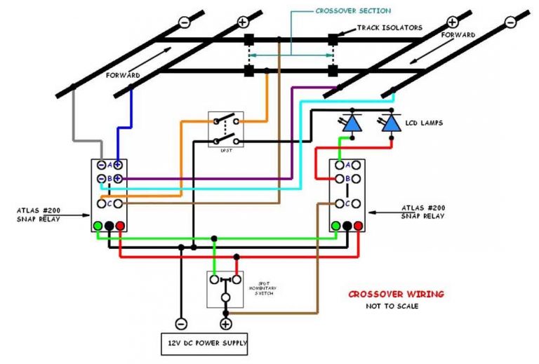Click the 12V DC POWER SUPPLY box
204,344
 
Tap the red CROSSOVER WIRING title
396,294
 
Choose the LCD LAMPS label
425,123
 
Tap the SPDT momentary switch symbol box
225,288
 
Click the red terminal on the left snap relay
121,226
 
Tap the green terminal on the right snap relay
336,226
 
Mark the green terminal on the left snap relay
98,226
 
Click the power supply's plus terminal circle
226,324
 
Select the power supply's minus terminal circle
181,324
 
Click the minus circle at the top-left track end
184,22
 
